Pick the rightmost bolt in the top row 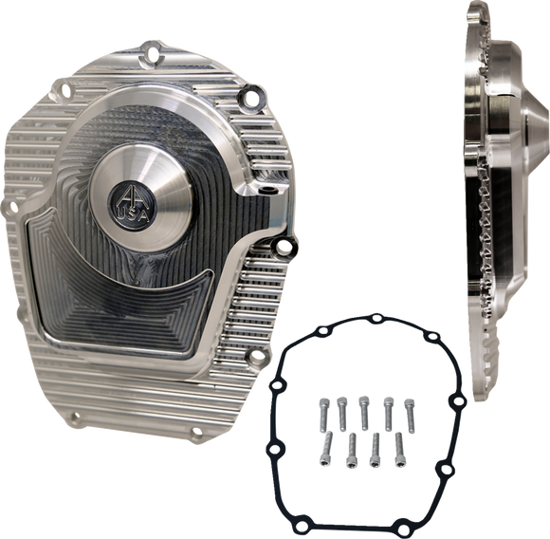[x=408, y=406]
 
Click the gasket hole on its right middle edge [x=450, y=418]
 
